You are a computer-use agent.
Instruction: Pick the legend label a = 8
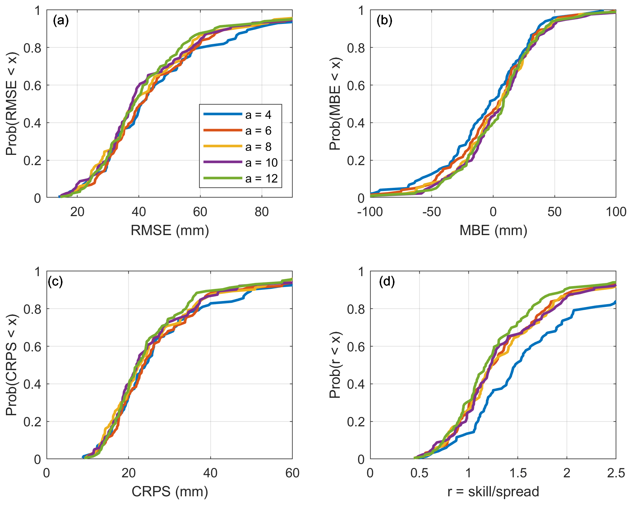pos(258,147)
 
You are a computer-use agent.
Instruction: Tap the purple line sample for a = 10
pos(223,162)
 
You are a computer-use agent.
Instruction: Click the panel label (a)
pos(61,21)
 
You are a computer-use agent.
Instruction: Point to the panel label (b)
pos(384,21)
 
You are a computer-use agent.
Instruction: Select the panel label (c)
pos(55,281)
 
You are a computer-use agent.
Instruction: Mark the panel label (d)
pos(387,281)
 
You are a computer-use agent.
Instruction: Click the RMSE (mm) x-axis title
pos(170,230)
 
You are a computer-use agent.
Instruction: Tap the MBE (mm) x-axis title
pos(493,230)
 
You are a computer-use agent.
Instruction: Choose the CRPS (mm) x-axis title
pos(170,492)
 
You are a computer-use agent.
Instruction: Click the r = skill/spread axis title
pos(493,492)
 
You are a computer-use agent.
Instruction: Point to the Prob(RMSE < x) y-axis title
pos(12,104)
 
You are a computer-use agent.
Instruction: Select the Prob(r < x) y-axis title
pos(335,365)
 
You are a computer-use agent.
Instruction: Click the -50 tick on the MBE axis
pos(431,212)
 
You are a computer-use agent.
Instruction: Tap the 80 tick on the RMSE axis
pos(261,212)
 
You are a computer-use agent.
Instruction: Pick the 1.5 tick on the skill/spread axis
pos(518,473)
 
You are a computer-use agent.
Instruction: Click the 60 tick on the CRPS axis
pos(292,473)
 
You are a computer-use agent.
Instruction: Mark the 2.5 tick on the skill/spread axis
pos(616,473)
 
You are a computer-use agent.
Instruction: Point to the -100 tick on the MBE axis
pos(370,212)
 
